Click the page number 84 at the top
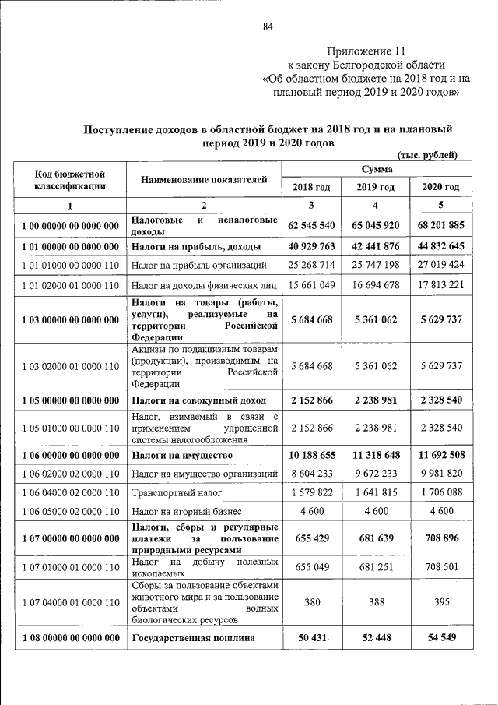coord(268,27)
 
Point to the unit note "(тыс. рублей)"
coord(427,155)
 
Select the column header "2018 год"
coord(311,187)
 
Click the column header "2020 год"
coord(440,187)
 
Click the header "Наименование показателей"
coord(204,180)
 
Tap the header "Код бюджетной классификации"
coord(70,180)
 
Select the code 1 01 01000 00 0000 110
coord(70,266)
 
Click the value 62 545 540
coord(311,225)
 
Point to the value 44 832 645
coord(440,246)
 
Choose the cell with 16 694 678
coord(377,285)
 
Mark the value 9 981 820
coord(440,473)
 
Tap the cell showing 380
coord(311,602)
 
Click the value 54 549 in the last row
coord(440,638)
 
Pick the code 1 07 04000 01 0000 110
coord(70,602)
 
